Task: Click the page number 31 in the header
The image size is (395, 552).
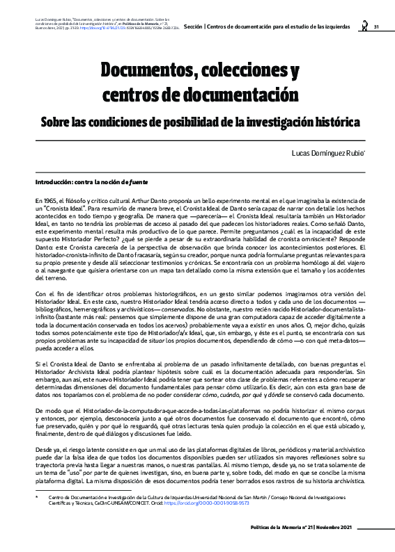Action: [375, 27]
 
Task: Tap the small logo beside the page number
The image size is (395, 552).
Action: [363, 26]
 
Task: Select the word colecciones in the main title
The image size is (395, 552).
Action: [240, 72]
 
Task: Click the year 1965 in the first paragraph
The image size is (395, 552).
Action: [49, 199]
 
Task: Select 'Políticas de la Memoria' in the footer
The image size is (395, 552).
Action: [277, 528]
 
